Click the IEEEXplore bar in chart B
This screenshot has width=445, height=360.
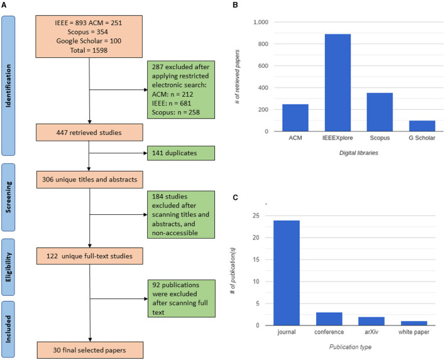coord(338,82)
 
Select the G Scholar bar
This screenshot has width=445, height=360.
coord(422,126)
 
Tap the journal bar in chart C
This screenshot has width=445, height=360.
coord(287,273)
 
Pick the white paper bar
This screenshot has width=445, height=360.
coord(414,323)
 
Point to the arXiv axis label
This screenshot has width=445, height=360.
coord(371,332)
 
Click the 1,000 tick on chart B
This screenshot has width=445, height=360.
coord(261,22)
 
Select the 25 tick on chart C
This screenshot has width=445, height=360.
coord(256,216)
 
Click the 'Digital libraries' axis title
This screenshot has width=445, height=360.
coord(359,153)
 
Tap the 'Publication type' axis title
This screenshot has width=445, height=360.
coord(350,347)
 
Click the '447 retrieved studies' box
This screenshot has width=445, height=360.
coord(89,133)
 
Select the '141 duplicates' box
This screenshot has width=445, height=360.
coord(181,153)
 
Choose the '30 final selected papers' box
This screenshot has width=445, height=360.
coord(90,350)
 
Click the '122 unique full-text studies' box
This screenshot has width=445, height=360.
coord(90,256)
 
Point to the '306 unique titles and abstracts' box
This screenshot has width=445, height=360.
coord(90,180)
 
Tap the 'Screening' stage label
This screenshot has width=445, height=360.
coord(9,197)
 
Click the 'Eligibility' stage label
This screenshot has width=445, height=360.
coord(8,267)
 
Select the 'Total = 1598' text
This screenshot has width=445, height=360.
coord(89,50)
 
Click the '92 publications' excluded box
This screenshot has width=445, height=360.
coord(182,298)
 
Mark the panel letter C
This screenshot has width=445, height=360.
coord(235,197)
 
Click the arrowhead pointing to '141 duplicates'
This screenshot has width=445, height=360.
coord(146,153)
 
